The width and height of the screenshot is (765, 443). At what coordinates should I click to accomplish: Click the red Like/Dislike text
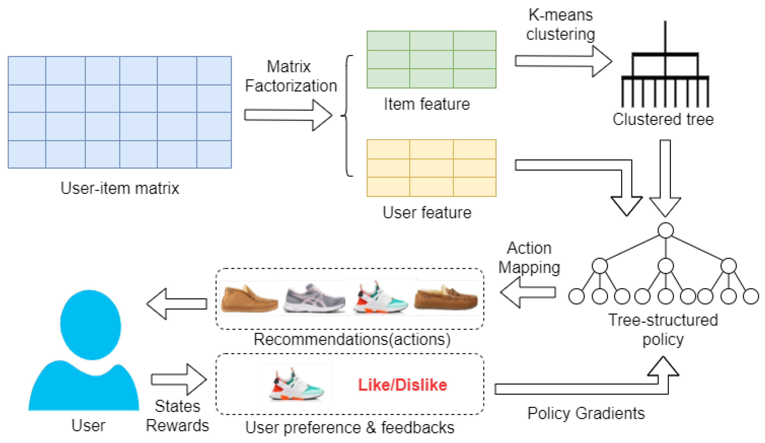[402, 385]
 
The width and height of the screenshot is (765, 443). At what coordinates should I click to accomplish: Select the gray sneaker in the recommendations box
[314, 298]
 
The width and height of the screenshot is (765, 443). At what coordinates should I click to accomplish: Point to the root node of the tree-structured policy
[666, 230]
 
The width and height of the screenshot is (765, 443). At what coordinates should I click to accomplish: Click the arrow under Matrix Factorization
[288, 115]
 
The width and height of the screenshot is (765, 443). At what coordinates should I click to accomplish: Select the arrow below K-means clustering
[563, 61]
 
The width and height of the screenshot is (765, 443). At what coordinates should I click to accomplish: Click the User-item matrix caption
[120, 188]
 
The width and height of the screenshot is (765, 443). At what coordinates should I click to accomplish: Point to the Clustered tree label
[663, 119]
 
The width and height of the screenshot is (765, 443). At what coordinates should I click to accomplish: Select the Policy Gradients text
[586, 413]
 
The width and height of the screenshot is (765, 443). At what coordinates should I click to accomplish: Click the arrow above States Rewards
[179, 380]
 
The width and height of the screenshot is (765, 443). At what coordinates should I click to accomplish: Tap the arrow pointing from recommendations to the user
[177, 304]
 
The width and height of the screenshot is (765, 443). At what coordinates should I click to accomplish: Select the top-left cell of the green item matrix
[388, 41]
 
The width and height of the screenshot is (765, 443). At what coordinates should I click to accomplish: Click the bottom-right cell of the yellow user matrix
[475, 187]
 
